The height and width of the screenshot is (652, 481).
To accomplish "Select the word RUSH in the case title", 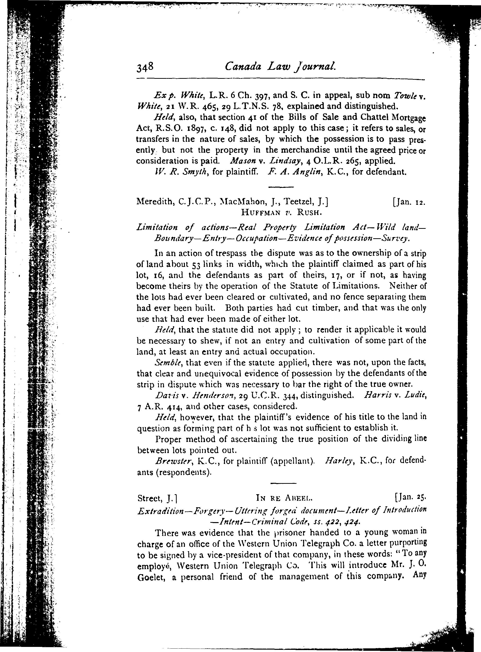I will coord(309,213).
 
